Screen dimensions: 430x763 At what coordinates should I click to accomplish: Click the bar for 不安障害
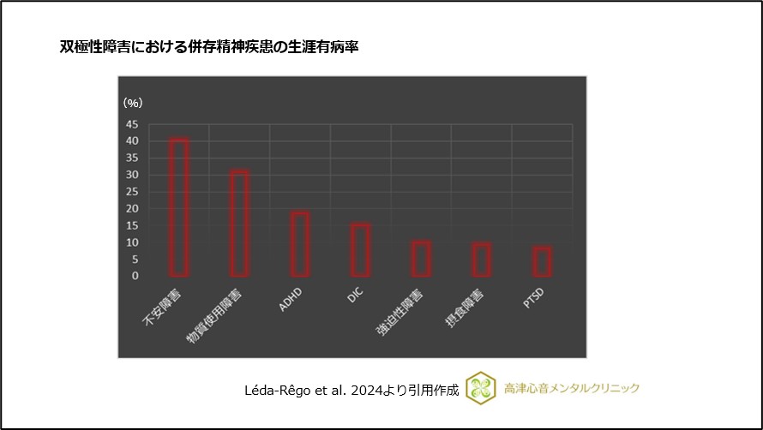tap(178, 207)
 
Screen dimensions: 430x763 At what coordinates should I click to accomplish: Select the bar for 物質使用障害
tap(239, 224)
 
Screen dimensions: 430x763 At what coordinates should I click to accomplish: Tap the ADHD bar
tap(300, 244)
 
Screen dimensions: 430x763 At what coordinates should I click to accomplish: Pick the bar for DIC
tap(360, 250)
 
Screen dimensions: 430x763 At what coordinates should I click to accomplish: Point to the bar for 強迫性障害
tap(421, 259)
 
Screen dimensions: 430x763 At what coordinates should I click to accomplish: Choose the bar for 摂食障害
tap(482, 260)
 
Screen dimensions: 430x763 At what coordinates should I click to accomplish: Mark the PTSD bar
tap(542, 261)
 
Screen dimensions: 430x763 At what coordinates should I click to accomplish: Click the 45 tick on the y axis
tap(131, 124)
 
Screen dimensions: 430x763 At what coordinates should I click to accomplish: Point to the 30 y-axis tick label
tap(131, 175)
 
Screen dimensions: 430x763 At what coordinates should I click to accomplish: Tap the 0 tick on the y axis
tap(135, 276)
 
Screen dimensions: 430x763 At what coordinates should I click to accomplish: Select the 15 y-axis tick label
tap(131, 225)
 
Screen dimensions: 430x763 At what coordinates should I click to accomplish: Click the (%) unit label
tap(133, 103)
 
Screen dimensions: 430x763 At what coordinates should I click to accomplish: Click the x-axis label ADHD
tap(291, 302)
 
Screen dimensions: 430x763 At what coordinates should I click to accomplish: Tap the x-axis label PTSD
tap(533, 302)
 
